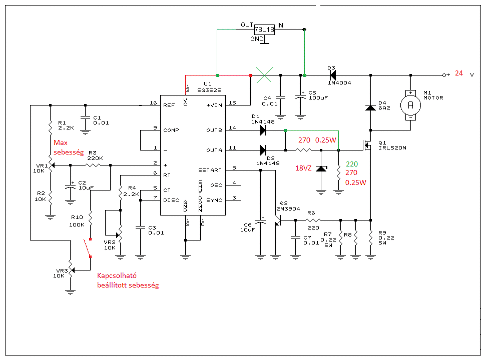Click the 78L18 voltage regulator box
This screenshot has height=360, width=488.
click(x=264, y=29)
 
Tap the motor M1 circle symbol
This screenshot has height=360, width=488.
click(x=410, y=105)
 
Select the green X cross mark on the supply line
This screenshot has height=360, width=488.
click(x=264, y=75)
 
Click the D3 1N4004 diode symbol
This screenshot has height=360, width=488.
click(x=333, y=75)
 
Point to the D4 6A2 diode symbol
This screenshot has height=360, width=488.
click(x=370, y=107)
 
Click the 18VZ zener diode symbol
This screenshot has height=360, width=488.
click(x=321, y=169)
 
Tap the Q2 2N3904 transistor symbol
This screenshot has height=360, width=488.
click(x=278, y=220)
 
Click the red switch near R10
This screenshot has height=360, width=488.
click(x=87, y=248)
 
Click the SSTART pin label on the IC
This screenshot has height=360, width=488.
click(x=210, y=170)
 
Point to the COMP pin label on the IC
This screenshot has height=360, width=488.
click(x=171, y=130)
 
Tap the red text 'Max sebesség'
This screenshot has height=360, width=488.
click(x=69, y=147)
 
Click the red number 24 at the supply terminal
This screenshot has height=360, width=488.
click(x=459, y=73)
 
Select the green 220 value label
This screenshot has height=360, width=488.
click(x=352, y=164)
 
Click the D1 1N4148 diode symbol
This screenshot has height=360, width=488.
click(x=263, y=130)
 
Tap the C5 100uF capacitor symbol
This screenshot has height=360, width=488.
click(x=300, y=97)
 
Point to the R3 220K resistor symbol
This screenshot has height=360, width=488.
click(x=93, y=165)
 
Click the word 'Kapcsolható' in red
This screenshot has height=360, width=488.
click(x=117, y=276)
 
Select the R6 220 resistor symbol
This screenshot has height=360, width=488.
click(x=313, y=220)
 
